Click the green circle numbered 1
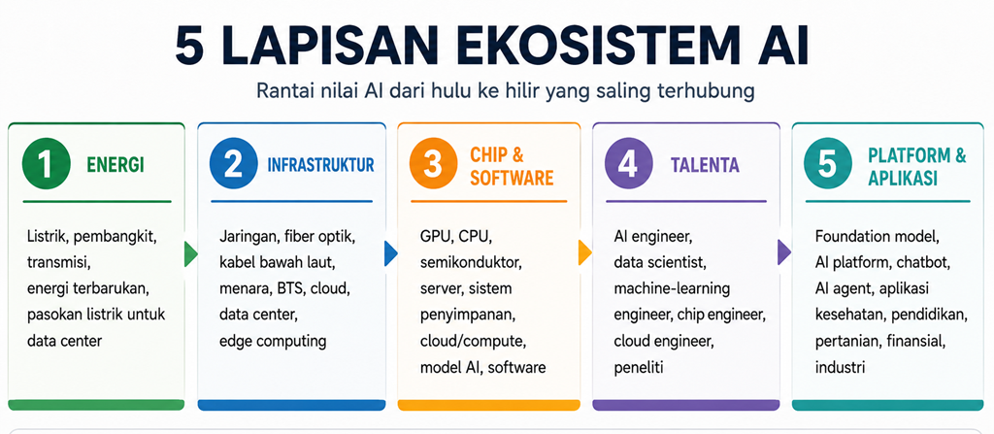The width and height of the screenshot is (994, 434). (x=46, y=164)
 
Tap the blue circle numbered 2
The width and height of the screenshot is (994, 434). (x=233, y=164)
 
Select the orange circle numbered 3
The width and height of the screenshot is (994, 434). (x=433, y=164)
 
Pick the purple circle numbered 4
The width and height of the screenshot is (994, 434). (x=628, y=164)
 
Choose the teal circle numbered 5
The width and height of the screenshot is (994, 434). (x=827, y=164)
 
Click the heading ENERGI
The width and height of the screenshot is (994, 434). (x=116, y=166)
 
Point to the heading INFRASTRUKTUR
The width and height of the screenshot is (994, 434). (x=320, y=166)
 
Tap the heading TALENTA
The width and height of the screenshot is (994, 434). (x=705, y=166)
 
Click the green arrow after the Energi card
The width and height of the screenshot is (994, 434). (x=191, y=254)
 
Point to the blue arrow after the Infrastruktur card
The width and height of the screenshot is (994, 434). (x=391, y=254)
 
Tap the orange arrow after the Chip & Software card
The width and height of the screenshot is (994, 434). (x=585, y=253)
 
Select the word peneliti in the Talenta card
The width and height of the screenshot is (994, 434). (x=639, y=367)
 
